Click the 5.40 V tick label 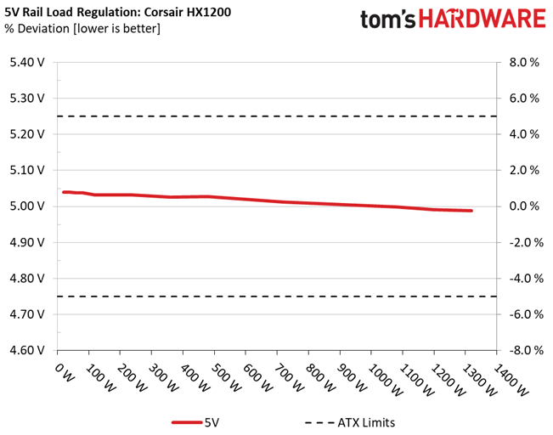27,62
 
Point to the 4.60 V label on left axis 27,350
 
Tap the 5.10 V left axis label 27,171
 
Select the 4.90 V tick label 27,242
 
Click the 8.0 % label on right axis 524,62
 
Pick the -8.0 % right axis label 526,350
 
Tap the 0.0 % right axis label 524,206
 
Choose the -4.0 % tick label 526,279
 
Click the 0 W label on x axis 65,373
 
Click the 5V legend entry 195,422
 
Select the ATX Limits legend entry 350,422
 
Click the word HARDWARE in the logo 482,19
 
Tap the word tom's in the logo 388,19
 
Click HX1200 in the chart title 209,12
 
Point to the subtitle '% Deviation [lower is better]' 82,29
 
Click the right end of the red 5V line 471,211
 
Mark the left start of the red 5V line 64,192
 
